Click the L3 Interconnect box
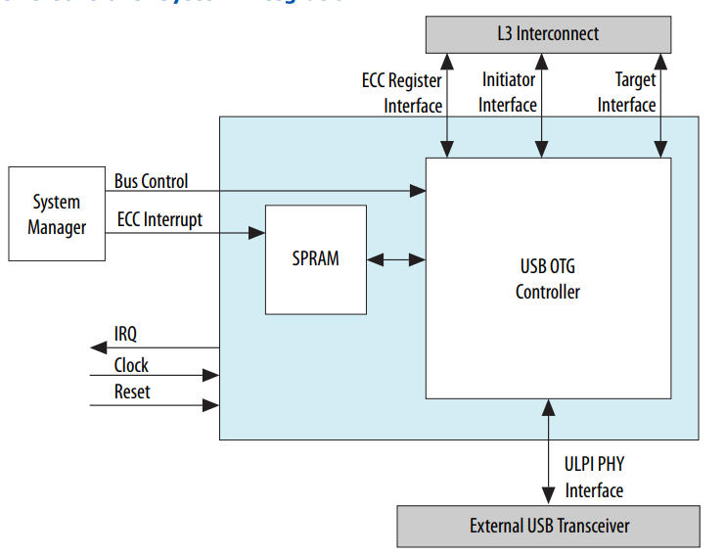coord(547,33)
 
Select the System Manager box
coord(57,214)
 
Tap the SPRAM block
coord(315,259)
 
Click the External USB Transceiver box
coord(548,526)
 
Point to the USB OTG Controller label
coord(548,279)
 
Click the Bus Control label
coord(151,181)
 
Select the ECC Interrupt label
coord(159,219)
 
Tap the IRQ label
coord(126,334)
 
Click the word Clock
coord(131,364)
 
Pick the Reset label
coord(132,392)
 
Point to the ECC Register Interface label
coord(401,92)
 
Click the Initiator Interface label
coord(509,92)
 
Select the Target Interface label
coord(627,92)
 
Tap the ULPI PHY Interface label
coord(594,478)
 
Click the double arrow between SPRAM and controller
coord(396,259)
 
